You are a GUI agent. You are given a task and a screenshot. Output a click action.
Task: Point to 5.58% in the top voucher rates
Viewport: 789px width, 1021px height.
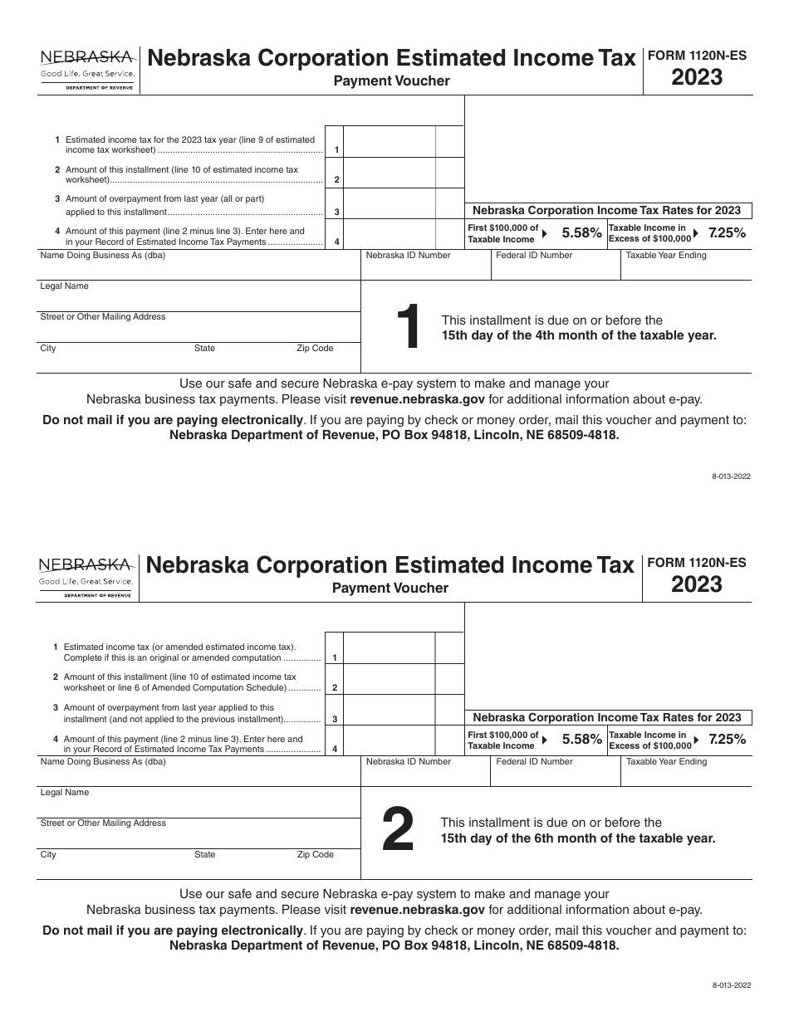click(x=581, y=233)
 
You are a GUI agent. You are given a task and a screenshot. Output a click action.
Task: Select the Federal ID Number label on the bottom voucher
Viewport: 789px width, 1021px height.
click(x=534, y=761)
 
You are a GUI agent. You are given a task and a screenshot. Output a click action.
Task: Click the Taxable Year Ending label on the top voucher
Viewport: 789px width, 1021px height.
click(x=665, y=256)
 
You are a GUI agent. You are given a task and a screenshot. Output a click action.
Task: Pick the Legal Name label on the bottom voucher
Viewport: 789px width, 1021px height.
click(x=64, y=792)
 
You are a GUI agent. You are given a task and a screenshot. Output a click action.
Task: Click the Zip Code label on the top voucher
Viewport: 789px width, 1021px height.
click(x=315, y=349)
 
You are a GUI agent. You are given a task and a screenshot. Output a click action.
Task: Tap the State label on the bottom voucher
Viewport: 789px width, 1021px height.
click(x=204, y=854)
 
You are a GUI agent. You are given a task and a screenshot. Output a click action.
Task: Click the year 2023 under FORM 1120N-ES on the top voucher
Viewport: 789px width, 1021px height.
click(x=697, y=78)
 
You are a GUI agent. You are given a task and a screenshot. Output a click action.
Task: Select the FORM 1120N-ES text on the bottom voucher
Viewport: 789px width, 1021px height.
click(x=696, y=563)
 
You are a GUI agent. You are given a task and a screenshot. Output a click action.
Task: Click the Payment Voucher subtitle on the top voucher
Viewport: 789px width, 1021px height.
click(x=391, y=81)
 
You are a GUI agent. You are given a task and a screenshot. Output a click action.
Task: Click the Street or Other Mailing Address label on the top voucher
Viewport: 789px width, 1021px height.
click(x=102, y=317)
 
